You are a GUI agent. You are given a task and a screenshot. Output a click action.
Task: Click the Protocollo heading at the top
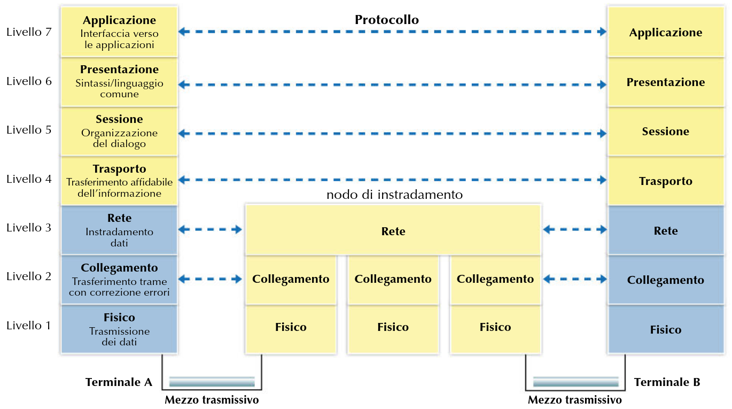coord(386,20)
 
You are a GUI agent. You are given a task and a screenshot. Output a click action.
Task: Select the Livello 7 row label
coord(29,32)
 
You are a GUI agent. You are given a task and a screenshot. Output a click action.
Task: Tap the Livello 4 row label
coord(29,179)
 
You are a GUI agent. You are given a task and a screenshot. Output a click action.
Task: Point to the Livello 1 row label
coord(29,326)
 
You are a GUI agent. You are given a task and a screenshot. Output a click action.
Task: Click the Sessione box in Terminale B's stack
coord(665,132)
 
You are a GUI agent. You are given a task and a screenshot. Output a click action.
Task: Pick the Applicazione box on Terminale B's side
coord(665,33)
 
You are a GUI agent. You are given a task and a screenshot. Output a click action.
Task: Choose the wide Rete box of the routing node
coord(393,231)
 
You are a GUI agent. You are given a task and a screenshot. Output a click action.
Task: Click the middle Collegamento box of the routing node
coord(393,279)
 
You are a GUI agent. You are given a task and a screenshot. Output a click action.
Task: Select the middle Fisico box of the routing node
coord(393,327)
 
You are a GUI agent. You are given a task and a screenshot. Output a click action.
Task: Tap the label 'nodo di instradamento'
coord(394,195)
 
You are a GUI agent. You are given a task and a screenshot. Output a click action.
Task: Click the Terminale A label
coord(119,382)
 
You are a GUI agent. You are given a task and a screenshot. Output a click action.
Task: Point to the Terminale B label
coord(667,382)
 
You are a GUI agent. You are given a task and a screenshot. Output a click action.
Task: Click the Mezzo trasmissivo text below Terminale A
coord(212,400)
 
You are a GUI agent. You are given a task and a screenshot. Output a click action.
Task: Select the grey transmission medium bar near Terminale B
coord(576,382)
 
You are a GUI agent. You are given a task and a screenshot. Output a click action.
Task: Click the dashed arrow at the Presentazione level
coord(392,84)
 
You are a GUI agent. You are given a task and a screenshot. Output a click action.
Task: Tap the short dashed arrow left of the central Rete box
coord(210,230)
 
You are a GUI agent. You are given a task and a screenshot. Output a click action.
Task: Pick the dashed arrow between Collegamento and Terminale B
coord(575,279)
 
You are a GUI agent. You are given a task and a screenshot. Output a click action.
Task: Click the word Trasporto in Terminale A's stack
coord(119,169)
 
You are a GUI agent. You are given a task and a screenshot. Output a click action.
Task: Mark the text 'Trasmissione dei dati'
coord(119,336)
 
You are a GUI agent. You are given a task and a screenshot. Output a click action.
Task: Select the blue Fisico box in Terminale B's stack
coord(665,329)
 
